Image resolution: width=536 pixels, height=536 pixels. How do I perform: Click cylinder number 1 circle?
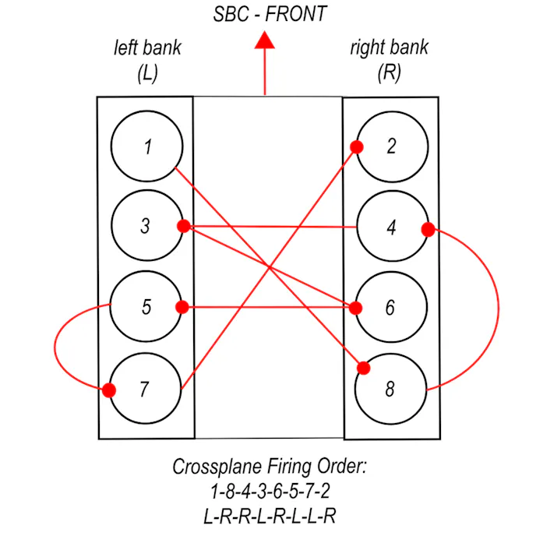coord(146,146)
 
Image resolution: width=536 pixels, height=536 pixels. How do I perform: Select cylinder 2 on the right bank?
coord(390,146)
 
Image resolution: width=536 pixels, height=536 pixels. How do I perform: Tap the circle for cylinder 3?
coord(146,227)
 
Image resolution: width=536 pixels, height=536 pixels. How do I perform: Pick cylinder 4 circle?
coord(390,228)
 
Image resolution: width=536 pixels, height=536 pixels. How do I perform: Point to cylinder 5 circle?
coord(146,307)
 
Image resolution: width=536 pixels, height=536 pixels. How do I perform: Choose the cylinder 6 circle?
coord(390,308)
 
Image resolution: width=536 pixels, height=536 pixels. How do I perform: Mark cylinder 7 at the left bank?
coord(144,389)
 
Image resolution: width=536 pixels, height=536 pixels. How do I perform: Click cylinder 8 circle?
coord(390,389)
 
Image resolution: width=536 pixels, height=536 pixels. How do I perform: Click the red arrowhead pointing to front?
coord(265,40)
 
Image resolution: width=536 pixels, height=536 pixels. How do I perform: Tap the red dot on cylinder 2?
coord(355,146)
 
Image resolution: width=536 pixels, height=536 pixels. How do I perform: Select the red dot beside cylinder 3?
coord(184,226)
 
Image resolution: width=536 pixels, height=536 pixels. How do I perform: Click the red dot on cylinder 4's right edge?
coord(427,230)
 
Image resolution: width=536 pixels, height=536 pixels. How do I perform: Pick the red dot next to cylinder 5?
coord(182,307)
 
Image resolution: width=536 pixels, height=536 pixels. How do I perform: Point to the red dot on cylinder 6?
coord(356,308)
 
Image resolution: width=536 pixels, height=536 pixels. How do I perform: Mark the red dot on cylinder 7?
coord(109,390)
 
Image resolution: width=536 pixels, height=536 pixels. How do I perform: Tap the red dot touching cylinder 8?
coord(363,368)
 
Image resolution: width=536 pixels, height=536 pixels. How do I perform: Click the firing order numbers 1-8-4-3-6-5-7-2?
coord(269,492)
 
